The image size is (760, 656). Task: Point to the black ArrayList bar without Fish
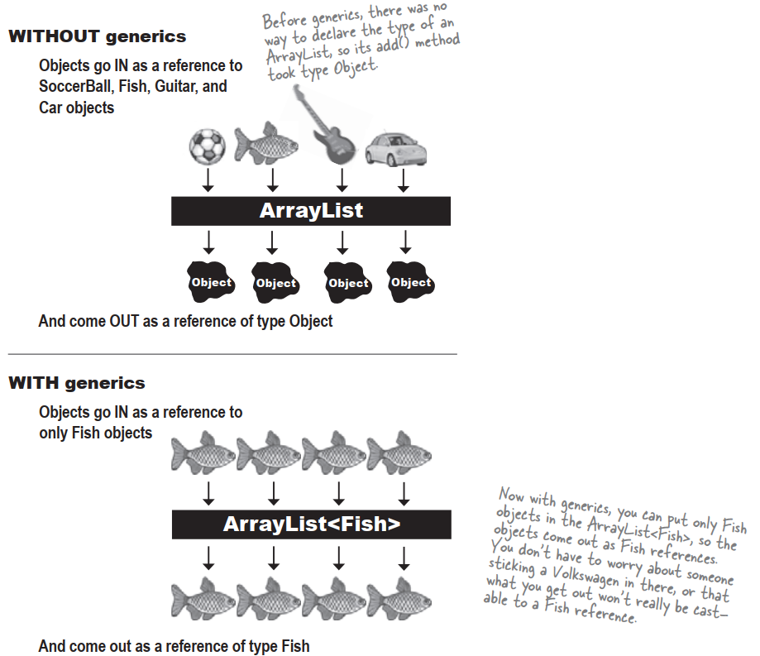coord(311,211)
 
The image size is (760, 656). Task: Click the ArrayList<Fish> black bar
coord(311,524)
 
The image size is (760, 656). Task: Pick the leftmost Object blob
coord(210,283)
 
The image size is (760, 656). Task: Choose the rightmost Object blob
coord(410,283)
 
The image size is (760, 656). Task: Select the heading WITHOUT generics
coord(97,37)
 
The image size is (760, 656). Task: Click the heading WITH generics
coord(76,383)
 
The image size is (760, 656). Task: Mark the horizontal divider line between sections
coord(232,354)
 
